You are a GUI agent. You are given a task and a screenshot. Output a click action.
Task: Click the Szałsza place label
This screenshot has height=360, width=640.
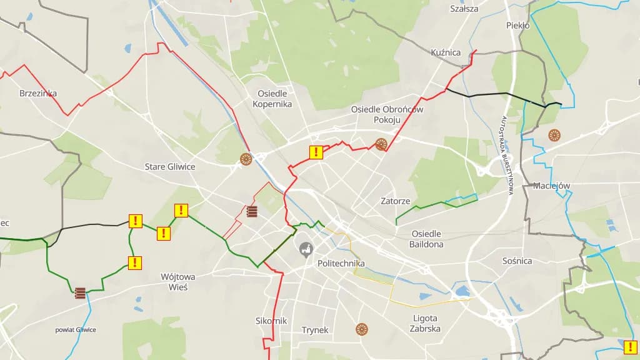coord(464,9)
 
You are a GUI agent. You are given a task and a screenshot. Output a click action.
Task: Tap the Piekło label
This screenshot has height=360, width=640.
coord(517,26)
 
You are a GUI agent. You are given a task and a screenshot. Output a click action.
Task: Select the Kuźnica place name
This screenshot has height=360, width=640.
coord(446,52)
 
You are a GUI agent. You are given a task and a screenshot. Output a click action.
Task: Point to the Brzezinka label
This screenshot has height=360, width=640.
coord(38,93)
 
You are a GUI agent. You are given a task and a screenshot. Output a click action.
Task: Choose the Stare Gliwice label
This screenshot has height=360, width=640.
coord(170,167)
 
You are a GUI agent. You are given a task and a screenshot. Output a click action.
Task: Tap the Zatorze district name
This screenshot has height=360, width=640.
coord(396,201)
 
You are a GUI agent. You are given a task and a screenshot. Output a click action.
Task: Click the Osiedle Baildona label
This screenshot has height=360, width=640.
coord(427,239)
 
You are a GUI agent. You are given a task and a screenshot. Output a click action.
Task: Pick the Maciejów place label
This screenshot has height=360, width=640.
coord(552,186)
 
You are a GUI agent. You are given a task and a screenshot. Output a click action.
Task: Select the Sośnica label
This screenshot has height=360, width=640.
coord(517,261)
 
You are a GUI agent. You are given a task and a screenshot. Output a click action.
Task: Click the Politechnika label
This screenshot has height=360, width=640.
coord(341,263)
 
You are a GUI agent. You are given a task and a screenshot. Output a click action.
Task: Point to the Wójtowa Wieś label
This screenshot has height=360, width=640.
coord(178,281)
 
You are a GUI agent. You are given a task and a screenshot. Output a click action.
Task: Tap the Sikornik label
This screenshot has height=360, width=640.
coord(271,321)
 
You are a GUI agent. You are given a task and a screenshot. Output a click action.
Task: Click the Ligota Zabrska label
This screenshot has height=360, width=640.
coord(426,323)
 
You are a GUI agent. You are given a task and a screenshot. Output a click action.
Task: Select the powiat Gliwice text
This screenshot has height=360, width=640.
coord(76,329)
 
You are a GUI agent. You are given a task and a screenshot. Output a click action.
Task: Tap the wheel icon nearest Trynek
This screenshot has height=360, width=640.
coord(361,329)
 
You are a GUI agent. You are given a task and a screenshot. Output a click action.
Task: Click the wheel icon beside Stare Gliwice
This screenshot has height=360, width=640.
coord(246,159)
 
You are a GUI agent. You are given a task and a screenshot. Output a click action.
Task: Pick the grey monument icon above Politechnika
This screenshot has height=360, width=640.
coord(306,249)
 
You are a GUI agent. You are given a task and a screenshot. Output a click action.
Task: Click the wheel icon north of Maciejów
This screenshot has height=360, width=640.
coord(554,134)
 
